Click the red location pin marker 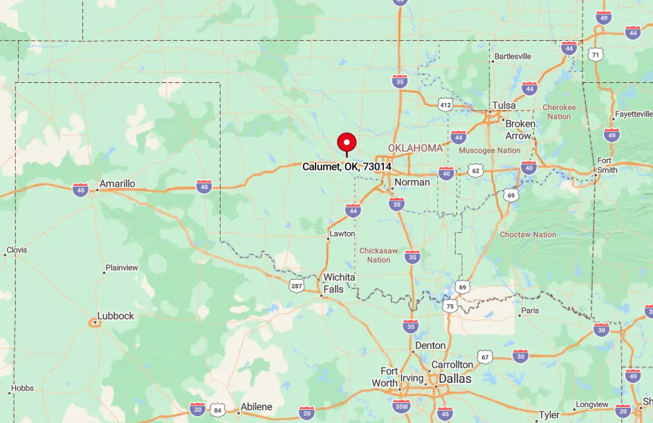click(x=347, y=142)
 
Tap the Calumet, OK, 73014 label click(x=347, y=167)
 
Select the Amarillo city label click(x=117, y=184)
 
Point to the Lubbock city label click(x=116, y=316)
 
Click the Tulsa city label click(x=504, y=105)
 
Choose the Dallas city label click(x=454, y=379)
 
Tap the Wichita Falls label click(x=339, y=283)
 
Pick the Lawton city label click(x=342, y=234)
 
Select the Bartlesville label click(x=512, y=56)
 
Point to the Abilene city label click(x=256, y=406)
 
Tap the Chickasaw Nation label click(x=378, y=255)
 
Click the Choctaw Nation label click(x=528, y=234)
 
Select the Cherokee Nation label click(x=558, y=112)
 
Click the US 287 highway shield click(x=297, y=285)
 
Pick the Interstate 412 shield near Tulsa click(x=445, y=104)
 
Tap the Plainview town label click(x=122, y=267)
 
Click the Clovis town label click(x=17, y=250)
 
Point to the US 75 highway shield click(x=450, y=306)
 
